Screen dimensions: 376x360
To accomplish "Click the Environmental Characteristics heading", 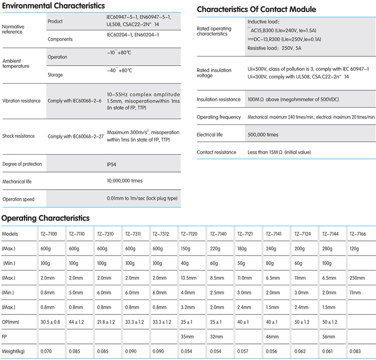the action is pos(53,6).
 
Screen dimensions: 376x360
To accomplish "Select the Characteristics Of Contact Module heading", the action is pos(256,9).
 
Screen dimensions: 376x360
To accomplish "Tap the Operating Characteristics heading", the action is pos(45,218).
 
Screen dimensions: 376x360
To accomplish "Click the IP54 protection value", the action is pos(112,165).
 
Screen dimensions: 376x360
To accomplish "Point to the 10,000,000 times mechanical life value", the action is pos(125,181).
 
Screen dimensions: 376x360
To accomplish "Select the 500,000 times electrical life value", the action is pos(263,135).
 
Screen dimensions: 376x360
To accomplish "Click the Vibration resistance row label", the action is pos(21,101).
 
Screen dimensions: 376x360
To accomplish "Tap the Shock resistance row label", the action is pos(18,136).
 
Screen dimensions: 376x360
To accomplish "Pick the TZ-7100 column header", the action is pos(49,234).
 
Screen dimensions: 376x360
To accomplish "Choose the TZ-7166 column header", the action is pos(358,234).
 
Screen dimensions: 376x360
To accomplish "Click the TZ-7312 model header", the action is pos(161,234).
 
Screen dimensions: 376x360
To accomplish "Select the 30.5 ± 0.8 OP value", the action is pos(50,322).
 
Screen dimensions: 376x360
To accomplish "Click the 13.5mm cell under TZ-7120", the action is pos(189,278).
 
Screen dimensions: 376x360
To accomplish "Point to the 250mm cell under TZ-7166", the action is pos(357,278).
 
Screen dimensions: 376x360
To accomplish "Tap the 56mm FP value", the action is pos(328,336).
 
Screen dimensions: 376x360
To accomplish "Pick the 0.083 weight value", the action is pos(355,351).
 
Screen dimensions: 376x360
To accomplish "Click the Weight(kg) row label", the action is pos(13,351).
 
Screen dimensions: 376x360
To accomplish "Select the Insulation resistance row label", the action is pos(218,99).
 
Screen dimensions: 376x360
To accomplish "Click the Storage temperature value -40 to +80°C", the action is pos(120,71).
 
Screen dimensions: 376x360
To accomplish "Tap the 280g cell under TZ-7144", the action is pos(327,249).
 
